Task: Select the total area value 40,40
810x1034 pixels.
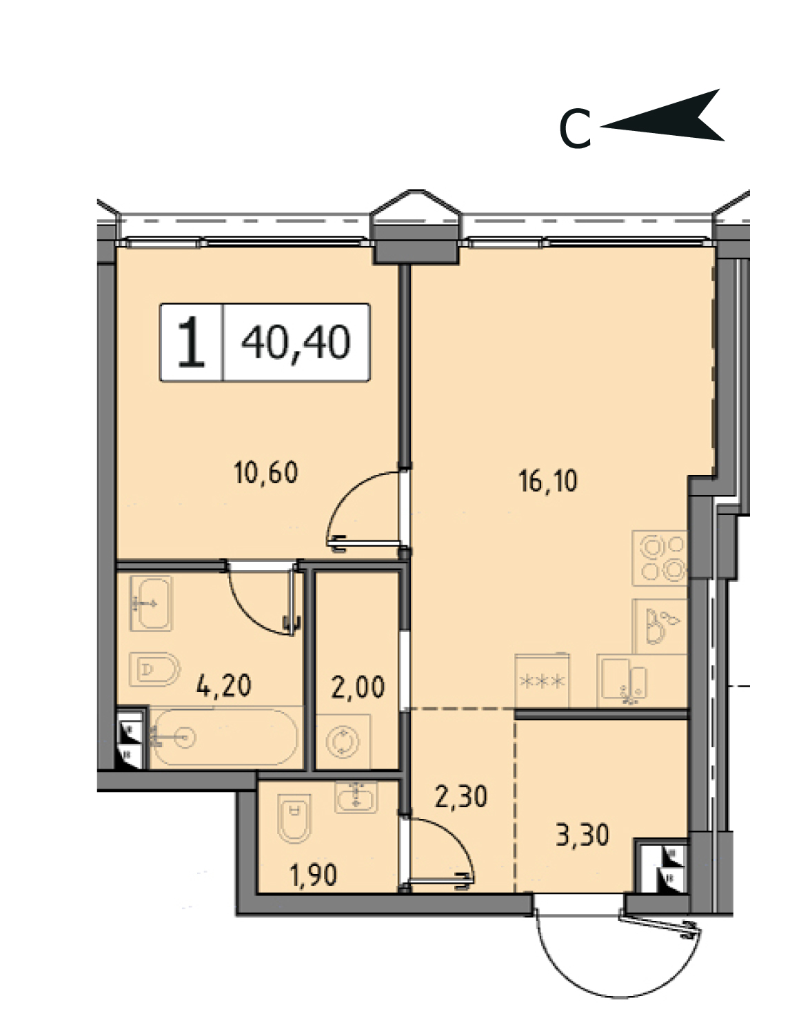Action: click(296, 343)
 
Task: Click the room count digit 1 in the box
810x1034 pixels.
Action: click(192, 342)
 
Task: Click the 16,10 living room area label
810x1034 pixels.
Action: click(549, 480)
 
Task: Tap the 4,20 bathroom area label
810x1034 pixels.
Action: click(223, 686)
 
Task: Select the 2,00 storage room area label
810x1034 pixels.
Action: click(358, 687)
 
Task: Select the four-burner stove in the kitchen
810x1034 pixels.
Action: click(659, 558)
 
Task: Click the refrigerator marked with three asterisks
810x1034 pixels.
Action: click(543, 680)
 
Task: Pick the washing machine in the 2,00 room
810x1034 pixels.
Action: click(343, 741)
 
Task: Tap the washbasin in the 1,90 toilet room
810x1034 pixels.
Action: click(356, 796)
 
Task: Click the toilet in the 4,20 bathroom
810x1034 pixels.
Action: click(154, 669)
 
